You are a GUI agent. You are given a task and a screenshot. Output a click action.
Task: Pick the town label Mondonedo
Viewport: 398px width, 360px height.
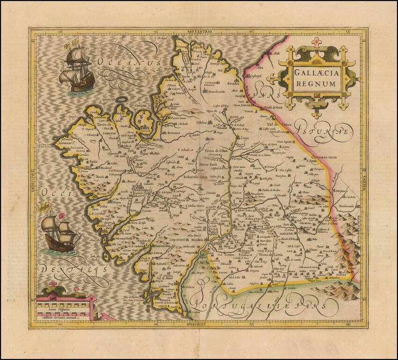click(217, 92)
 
